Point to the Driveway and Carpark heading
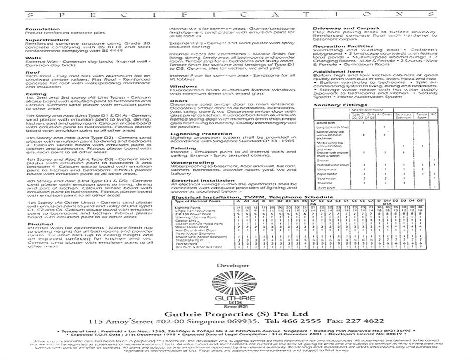click(x=346, y=28)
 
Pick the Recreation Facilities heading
click(x=344, y=46)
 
